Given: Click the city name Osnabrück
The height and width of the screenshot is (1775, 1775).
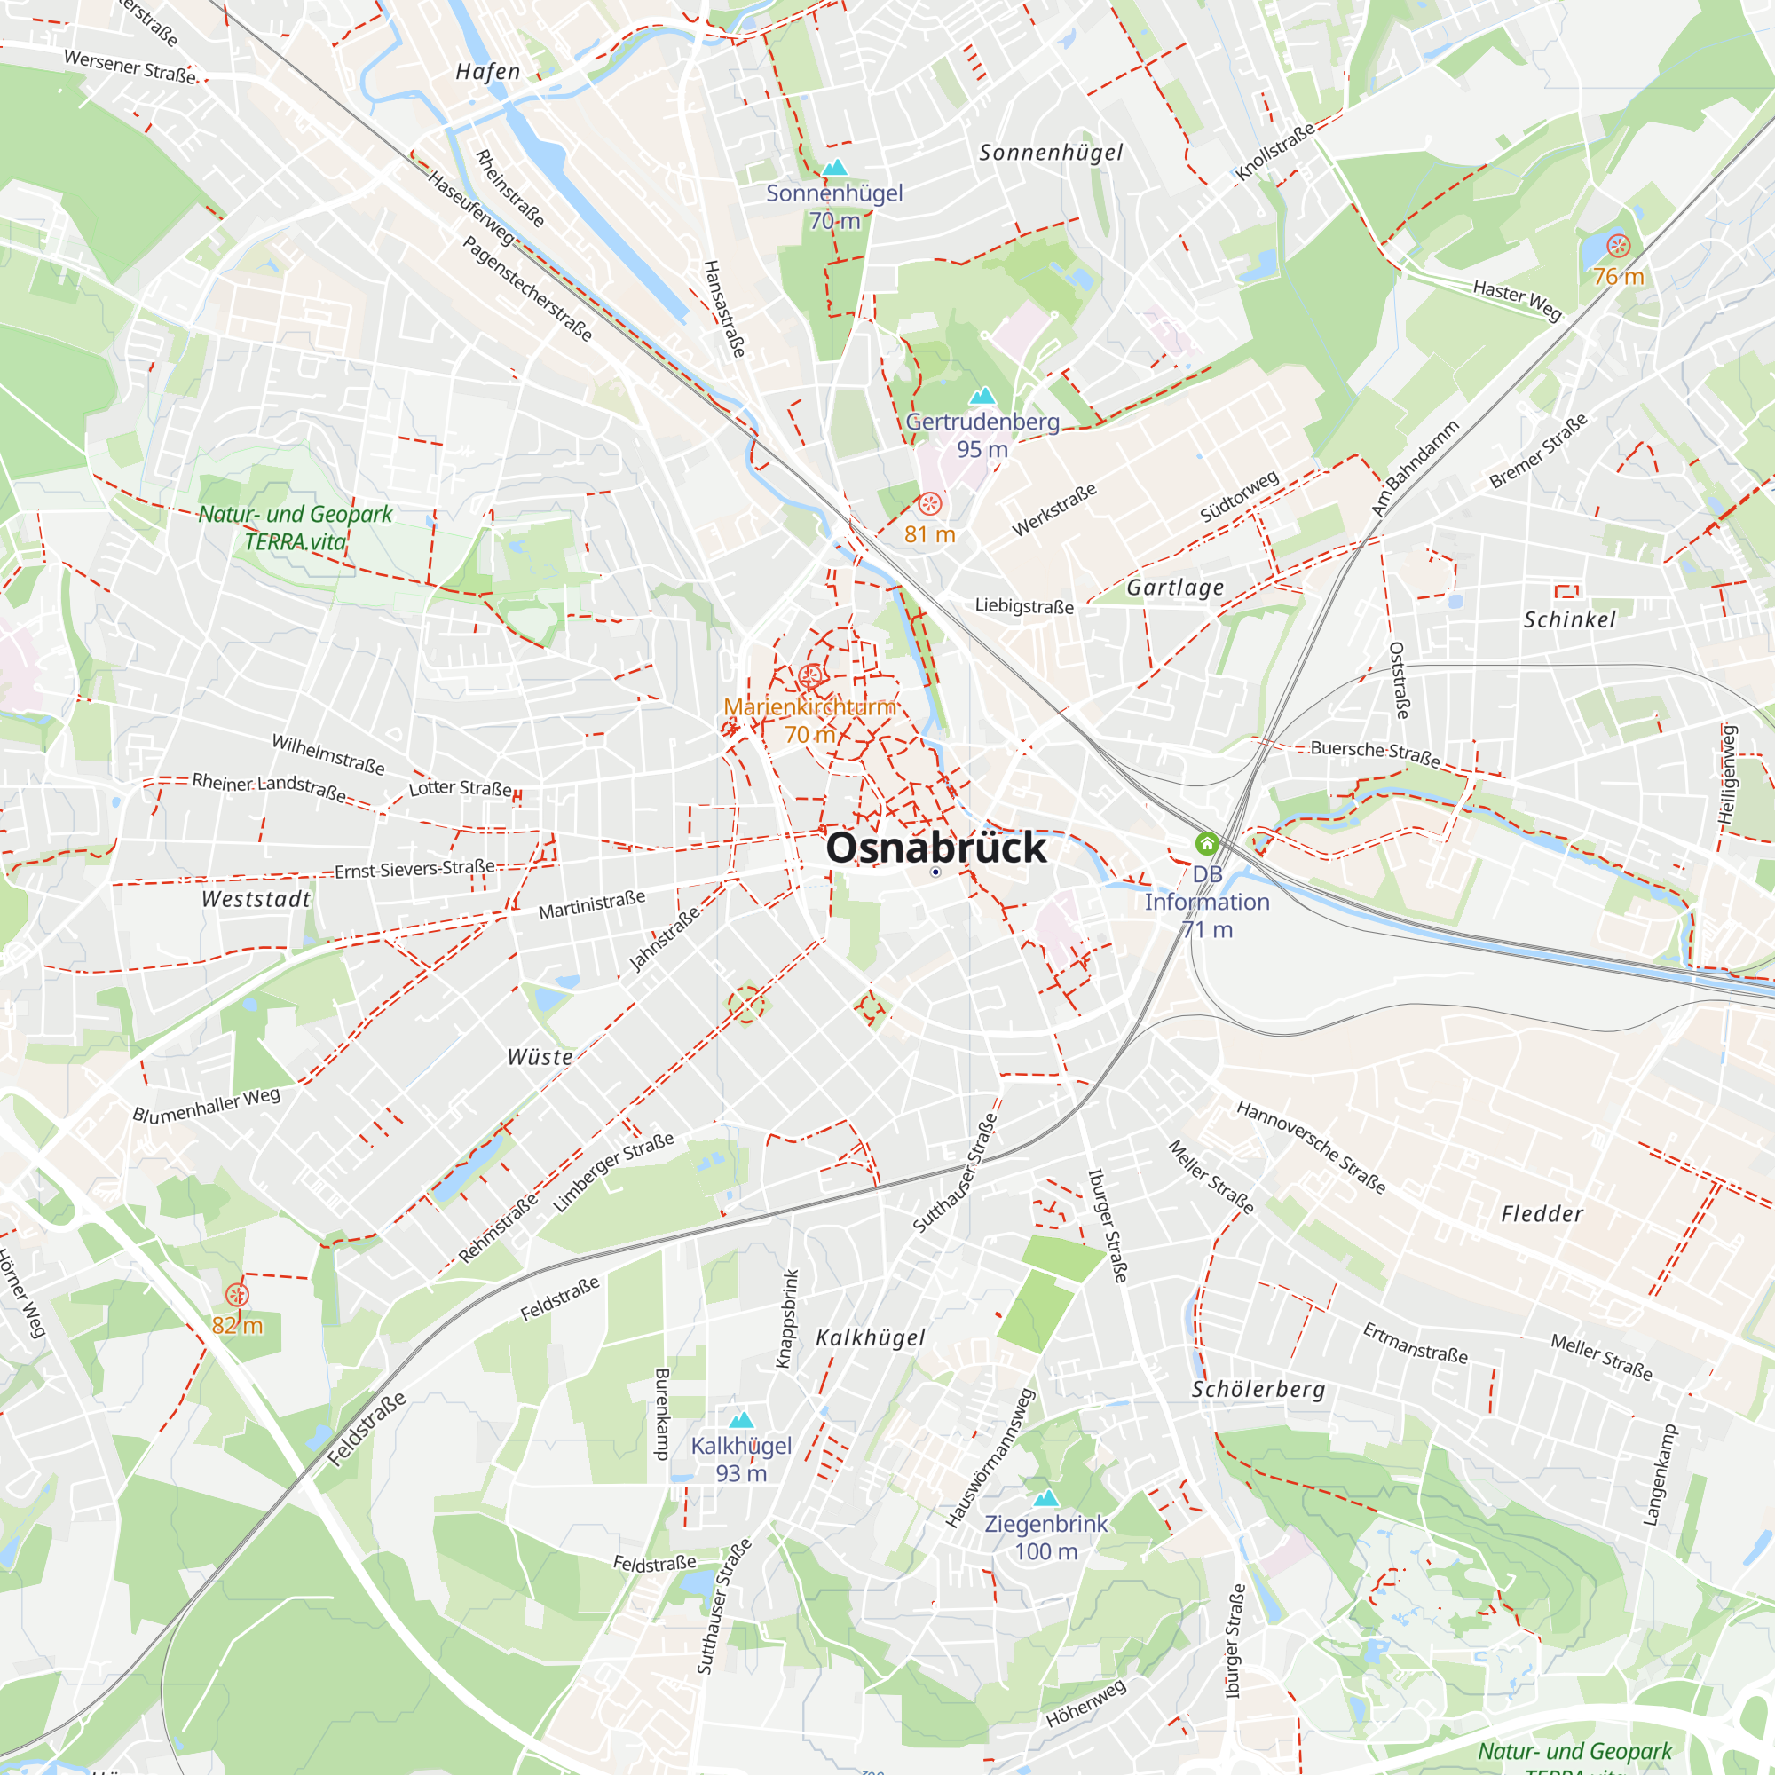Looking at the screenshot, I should tap(935, 847).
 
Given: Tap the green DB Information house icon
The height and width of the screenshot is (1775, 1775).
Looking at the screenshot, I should tap(1207, 843).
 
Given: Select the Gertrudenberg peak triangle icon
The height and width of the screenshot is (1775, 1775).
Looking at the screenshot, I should tap(982, 396).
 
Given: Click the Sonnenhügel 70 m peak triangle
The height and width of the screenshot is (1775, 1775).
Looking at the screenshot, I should tap(834, 167).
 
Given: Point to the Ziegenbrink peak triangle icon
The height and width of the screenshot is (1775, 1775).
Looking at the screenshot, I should tap(1045, 1498).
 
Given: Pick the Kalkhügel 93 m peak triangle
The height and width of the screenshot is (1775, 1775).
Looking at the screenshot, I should tap(740, 1420).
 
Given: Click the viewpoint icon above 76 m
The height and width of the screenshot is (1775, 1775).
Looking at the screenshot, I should tap(1618, 246).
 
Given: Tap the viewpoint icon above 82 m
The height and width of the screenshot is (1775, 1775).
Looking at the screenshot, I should tap(237, 1296).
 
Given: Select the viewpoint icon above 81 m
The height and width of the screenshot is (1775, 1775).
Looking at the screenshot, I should tap(930, 503).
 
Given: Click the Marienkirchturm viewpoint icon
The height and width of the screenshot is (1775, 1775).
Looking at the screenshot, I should tap(809, 677).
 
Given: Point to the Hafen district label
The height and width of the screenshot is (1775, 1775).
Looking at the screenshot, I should tap(488, 72).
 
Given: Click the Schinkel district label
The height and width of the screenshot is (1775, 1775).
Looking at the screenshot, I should tap(1569, 620).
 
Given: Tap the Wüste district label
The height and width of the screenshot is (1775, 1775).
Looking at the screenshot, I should tap(540, 1058).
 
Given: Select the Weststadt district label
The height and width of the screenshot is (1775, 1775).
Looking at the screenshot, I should tap(256, 899).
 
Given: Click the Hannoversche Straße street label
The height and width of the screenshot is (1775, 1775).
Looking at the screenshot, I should tap(1310, 1148).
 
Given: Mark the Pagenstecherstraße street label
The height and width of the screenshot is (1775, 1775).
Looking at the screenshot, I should tap(527, 288).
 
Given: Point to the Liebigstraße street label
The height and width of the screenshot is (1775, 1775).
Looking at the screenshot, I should tap(1023, 605).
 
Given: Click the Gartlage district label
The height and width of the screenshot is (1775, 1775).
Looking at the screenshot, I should tap(1175, 588).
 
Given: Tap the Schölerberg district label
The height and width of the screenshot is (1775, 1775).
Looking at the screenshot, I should tap(1258, 1390).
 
